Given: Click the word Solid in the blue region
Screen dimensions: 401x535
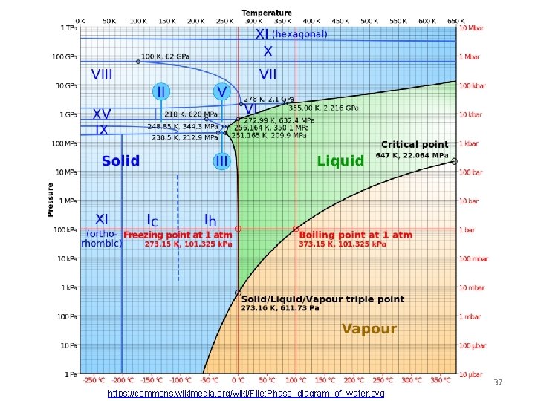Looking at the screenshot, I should [120, 161].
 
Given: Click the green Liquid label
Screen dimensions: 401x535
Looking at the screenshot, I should [340, 160].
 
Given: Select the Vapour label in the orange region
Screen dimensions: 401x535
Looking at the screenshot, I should [369, 328].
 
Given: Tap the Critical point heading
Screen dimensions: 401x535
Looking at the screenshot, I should [415, 144].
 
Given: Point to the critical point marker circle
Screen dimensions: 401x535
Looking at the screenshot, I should [455, 161].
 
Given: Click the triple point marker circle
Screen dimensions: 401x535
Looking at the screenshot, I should [238, 292].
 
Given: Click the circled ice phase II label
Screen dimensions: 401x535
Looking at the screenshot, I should [161, 91].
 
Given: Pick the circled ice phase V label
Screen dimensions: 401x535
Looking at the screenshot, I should [221, 91].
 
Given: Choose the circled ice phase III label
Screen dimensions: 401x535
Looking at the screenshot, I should [221, 160].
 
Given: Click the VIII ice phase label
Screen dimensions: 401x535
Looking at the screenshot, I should [102, 74].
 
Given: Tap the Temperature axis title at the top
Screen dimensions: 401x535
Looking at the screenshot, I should [267, 13].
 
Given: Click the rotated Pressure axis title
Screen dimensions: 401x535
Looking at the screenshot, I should [51, 200].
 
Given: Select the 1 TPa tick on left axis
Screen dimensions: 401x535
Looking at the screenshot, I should [67, 28].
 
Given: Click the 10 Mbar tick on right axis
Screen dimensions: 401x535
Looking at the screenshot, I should [472, 28].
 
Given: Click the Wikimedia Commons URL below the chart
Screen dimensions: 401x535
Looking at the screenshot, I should [246, 393].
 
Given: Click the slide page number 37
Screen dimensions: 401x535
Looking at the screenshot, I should [498, 382].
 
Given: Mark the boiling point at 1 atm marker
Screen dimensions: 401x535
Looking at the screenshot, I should [296, 229].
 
